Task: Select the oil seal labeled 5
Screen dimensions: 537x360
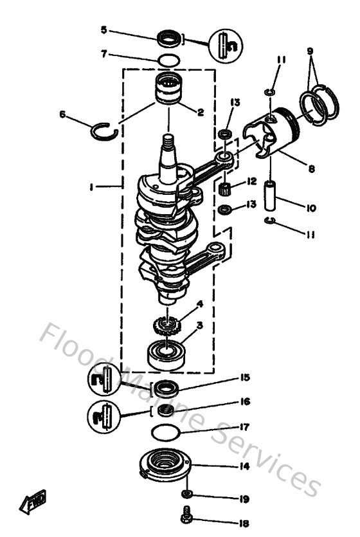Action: (169, 39)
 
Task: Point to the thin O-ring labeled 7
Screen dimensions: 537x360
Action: (168, 60)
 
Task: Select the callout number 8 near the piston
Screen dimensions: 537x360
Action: (311, 169)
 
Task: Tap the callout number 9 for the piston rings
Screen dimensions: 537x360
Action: (309, 50)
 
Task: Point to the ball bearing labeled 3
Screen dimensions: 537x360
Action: (166, 352)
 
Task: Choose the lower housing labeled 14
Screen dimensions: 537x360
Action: (166, 463)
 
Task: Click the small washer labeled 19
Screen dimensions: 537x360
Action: (187, 494)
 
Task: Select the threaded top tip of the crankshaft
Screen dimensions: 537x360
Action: (168, 138)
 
